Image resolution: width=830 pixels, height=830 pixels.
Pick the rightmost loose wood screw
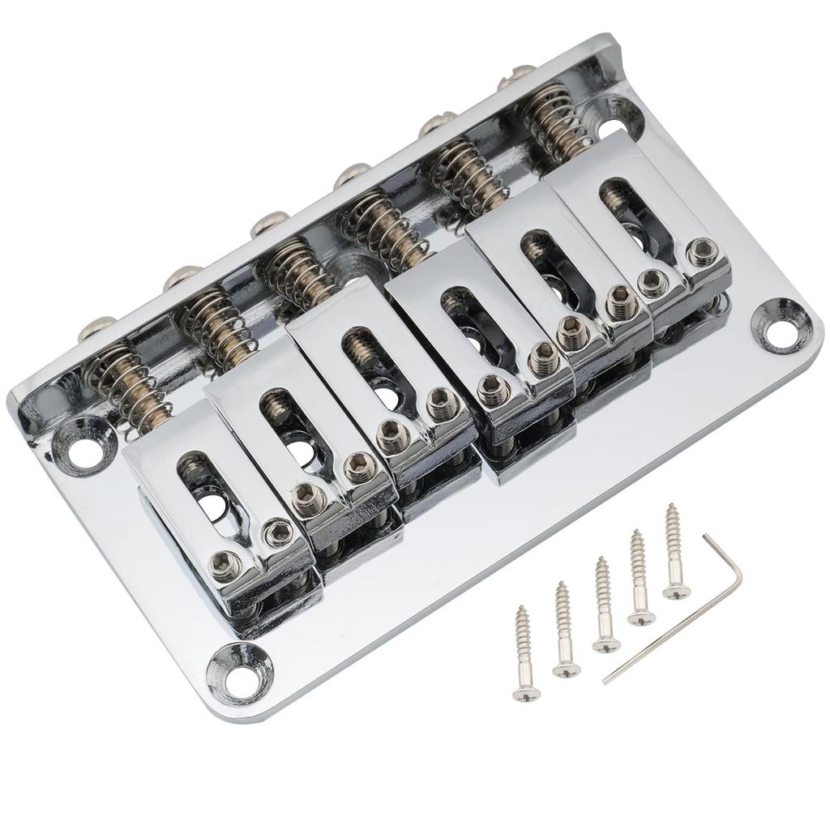(673, 551)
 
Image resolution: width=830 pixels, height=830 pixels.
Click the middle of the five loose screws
(603, 604)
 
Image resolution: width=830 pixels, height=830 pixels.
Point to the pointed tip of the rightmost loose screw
(670, 507)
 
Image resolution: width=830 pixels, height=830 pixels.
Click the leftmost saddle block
(219, 511)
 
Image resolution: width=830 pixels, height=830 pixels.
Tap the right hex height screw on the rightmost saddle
(698, 251)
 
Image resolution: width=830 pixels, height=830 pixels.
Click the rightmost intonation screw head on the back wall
(509, 78)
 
